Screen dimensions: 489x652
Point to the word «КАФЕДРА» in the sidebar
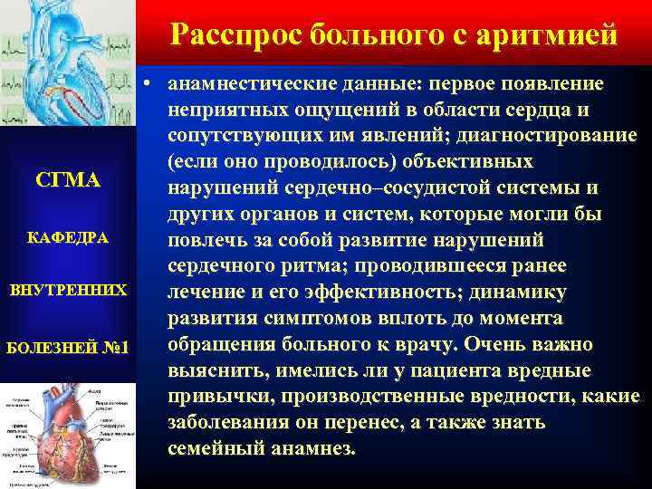[68, 238]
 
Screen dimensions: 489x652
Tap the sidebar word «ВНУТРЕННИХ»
[68, 291]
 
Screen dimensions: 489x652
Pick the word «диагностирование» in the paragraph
[550, 137]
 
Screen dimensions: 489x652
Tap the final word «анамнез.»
[313, 449]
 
